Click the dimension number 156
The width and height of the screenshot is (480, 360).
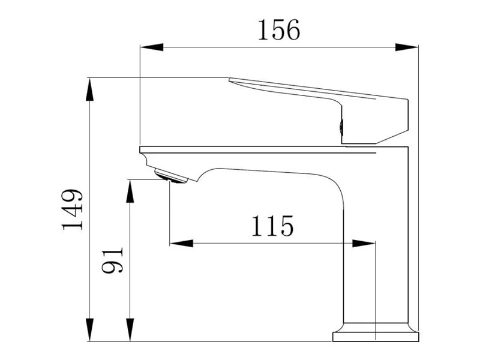click(x=278, y=29)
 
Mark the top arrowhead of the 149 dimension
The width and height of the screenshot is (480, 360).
click(x=89, y=89)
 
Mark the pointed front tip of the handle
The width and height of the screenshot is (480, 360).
click(x=233, y=80)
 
